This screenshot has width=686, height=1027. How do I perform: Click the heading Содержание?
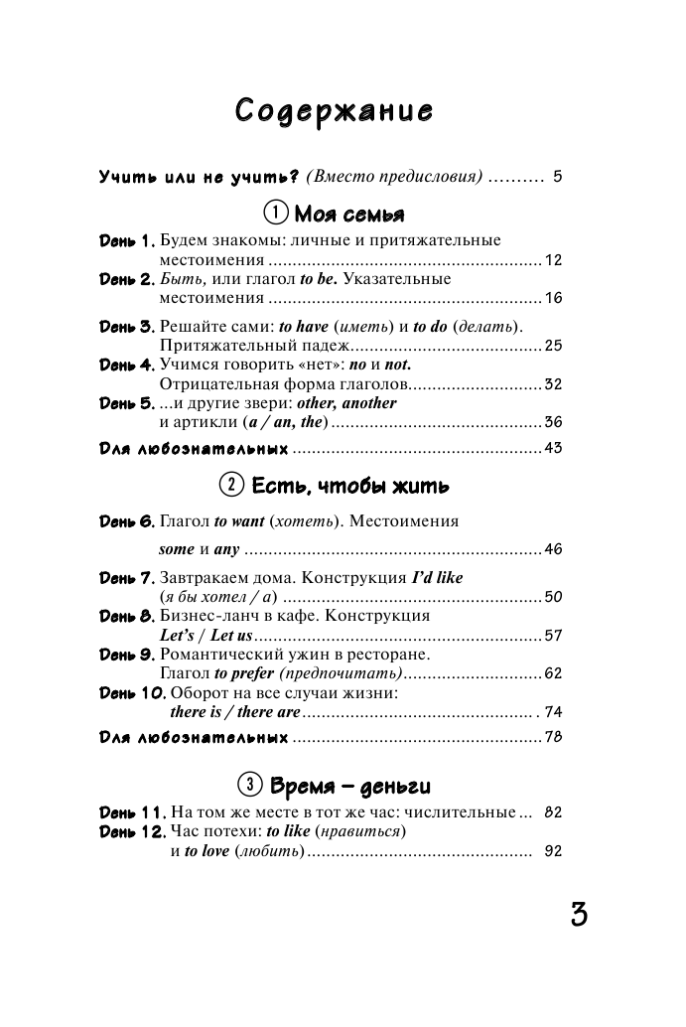coord(334,110)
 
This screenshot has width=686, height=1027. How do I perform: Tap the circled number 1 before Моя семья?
coord(275,213)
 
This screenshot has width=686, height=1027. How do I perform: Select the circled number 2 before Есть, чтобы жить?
coord(230,487)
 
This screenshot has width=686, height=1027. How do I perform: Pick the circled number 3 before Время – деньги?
coord(252,786)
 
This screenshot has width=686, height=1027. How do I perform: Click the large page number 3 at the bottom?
coord(579,914)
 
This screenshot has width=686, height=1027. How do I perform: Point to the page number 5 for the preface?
coord(558,178)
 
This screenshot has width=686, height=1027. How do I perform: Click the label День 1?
coord(127,241)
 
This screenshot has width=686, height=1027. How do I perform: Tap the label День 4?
coord(127,366)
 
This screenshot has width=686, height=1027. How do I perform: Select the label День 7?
coord(127,578)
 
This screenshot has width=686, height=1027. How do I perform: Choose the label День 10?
coord(133,692)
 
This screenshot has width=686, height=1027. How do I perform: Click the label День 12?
coord(133,831)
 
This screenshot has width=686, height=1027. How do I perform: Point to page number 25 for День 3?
coord(553,346)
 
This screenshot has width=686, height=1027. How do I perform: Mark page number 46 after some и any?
coord(553,549)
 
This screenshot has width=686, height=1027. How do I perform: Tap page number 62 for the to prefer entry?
coord(553,673)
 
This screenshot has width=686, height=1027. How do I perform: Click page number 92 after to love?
coord(553,851)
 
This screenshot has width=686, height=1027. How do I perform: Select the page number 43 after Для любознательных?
coord(553,448)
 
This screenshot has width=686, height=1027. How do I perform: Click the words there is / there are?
coord(235,712)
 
